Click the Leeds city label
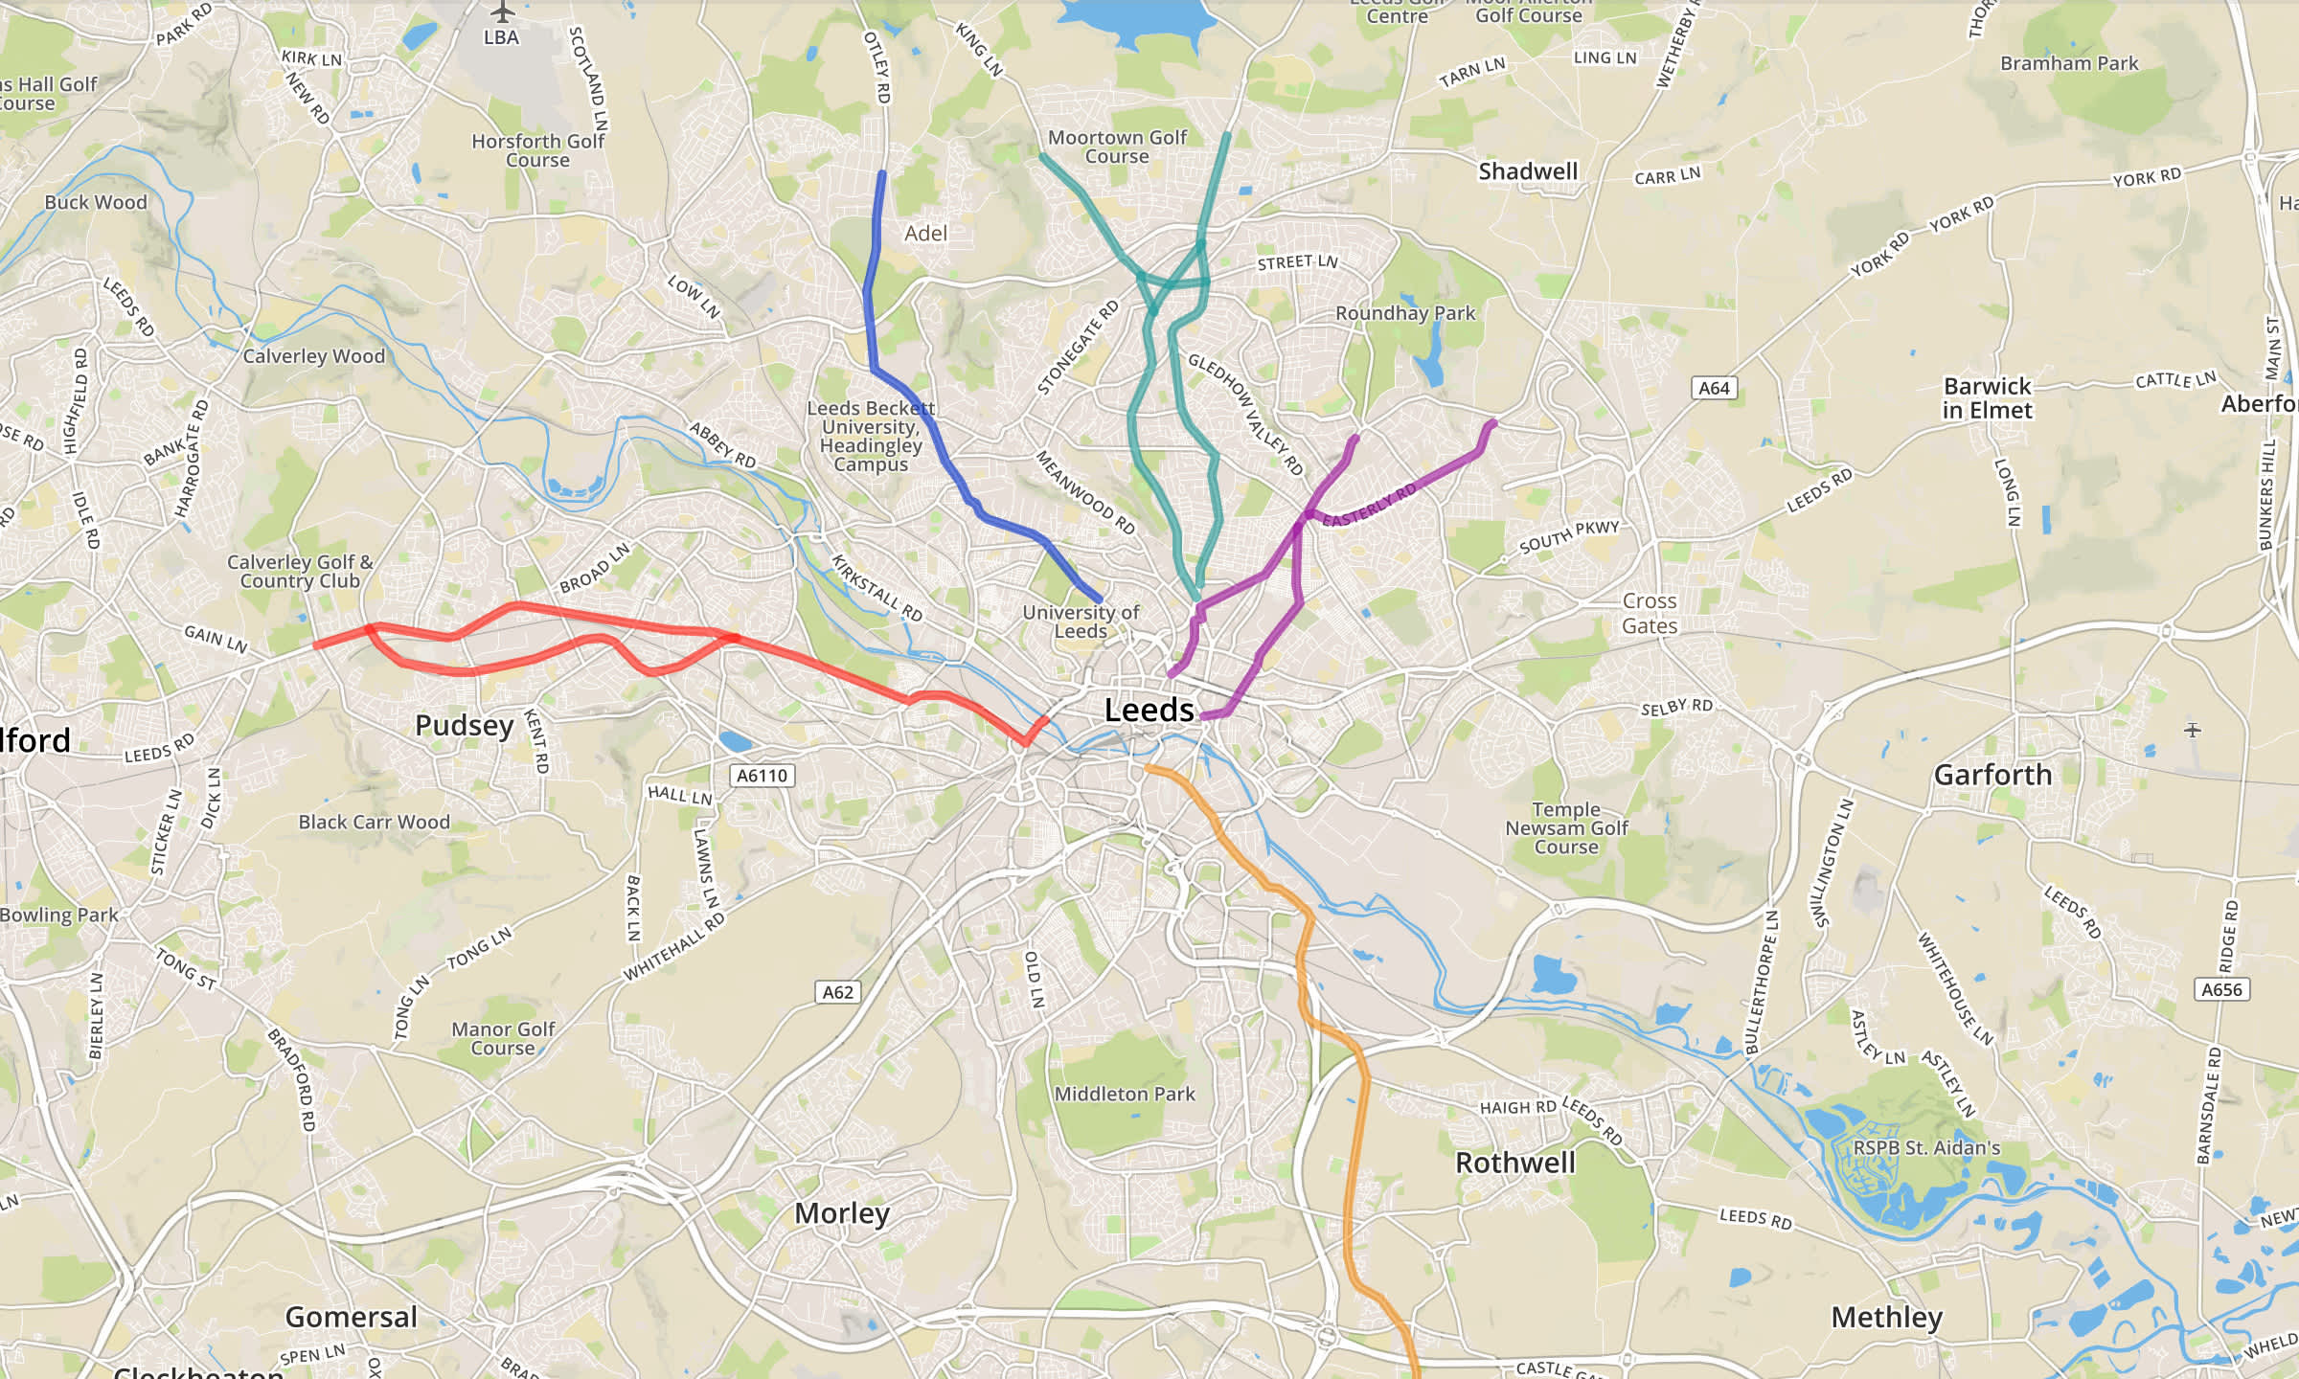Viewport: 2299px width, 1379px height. click(x=1149, y=711)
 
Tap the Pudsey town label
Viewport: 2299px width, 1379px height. click(x=465, y=725)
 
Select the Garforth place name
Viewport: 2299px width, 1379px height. click(x=1992, y=775)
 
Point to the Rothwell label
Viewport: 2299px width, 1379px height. click(x=1514, y=1163)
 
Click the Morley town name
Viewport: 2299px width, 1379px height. click(x=842, y=1213)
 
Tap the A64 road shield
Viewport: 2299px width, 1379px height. click(x=1714, y=388)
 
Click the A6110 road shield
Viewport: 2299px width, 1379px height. click(x=763, y=776)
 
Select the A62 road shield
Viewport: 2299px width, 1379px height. click(x=837, y=992)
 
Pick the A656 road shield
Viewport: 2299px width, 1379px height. click(x=2221, y=989)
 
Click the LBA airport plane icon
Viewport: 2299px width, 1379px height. click(x=502, y=12)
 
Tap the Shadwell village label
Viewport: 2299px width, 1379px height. click(x=1527, y=171)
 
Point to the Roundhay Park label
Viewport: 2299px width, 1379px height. click(x=1404, y=313)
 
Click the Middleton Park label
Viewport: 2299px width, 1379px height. click(x=1125, y=1094)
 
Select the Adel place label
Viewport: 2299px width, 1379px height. click(x=925, y=234)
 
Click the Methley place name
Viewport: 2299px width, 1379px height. click(x=1886, y=1318)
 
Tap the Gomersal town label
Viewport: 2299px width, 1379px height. click(x=351, y=1318)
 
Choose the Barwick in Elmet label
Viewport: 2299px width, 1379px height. click(x=1987, y=398)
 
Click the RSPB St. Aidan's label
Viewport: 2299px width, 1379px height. click(x=1926, y=1148)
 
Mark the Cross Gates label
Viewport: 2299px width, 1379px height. click(x=1649, y=614)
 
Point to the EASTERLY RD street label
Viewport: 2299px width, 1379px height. click(x=1369, y=506)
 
